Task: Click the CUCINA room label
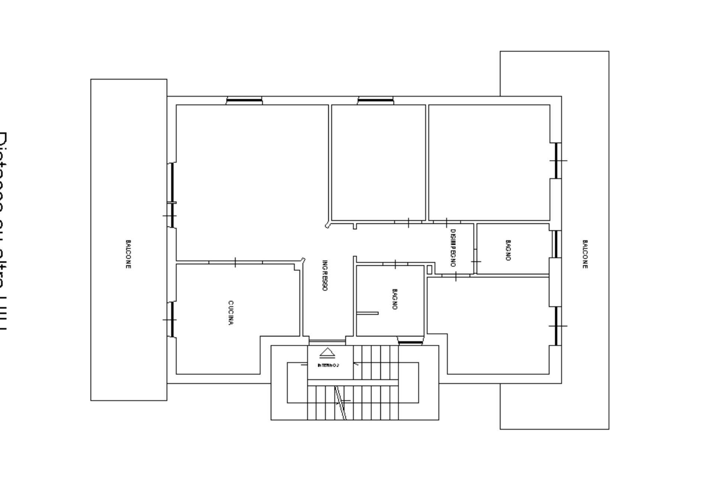click(x=231, y=313)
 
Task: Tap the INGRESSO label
click(x=325, y=275)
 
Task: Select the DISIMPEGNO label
click(x=453, y=248)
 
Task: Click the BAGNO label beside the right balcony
click(x=508, y=250)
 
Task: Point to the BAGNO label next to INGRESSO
click(x=395, y=299)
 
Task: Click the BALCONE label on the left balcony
click(x=128, y=254)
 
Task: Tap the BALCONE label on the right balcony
click(x=585, y=254)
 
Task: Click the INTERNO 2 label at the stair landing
click(x=328, y=365)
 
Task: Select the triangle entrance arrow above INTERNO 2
click(x=327, y=352)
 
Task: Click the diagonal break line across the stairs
click(x=340, y=403)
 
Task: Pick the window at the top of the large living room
click(x=244, y=100)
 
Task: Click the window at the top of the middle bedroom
click(x=375, y=100)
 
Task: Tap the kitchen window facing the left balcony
click(x=172, y=320)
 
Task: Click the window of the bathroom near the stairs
click(x=411, y=342)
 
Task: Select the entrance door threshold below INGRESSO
click(x=327, y=341)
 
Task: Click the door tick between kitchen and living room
click(x=235, y=262)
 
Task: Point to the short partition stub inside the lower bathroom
click(x=367, y=313)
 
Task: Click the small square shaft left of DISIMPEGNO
click(x=430, y=269)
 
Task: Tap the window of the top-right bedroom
click(x=556, y=161)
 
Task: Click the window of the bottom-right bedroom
click(x=556, y=326)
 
